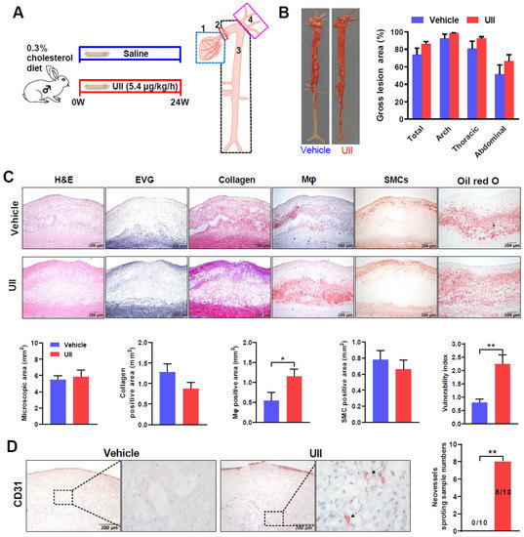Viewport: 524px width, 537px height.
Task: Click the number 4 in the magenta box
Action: [252, 18]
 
